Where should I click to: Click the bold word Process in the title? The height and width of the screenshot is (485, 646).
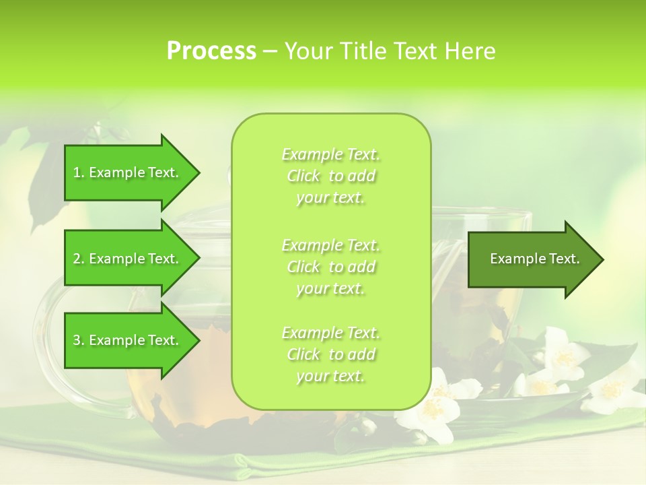click(x=211, y=51)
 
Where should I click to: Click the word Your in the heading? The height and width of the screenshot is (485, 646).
click(x=310, y=51)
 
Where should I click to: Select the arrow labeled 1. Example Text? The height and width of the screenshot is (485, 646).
click(x=131, y=173)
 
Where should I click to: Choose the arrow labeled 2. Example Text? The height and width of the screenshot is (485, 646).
click(x=131, y=259)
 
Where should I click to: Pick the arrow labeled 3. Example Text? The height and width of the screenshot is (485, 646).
click(x=131, y=340)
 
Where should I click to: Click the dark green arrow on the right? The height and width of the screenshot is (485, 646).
click(x=535, y=259)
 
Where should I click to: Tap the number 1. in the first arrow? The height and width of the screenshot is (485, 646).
click(x=79, y=173)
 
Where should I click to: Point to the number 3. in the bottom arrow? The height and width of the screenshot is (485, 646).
click(x=79, y=341)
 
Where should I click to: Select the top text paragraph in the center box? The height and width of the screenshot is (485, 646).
click(x=331, y=176)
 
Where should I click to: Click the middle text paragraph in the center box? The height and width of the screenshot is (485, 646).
click(x=331, y=267)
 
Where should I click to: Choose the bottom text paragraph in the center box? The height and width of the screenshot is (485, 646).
click(x=331, y=354)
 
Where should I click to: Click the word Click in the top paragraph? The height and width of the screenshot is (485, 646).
click(x=303, y=176)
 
